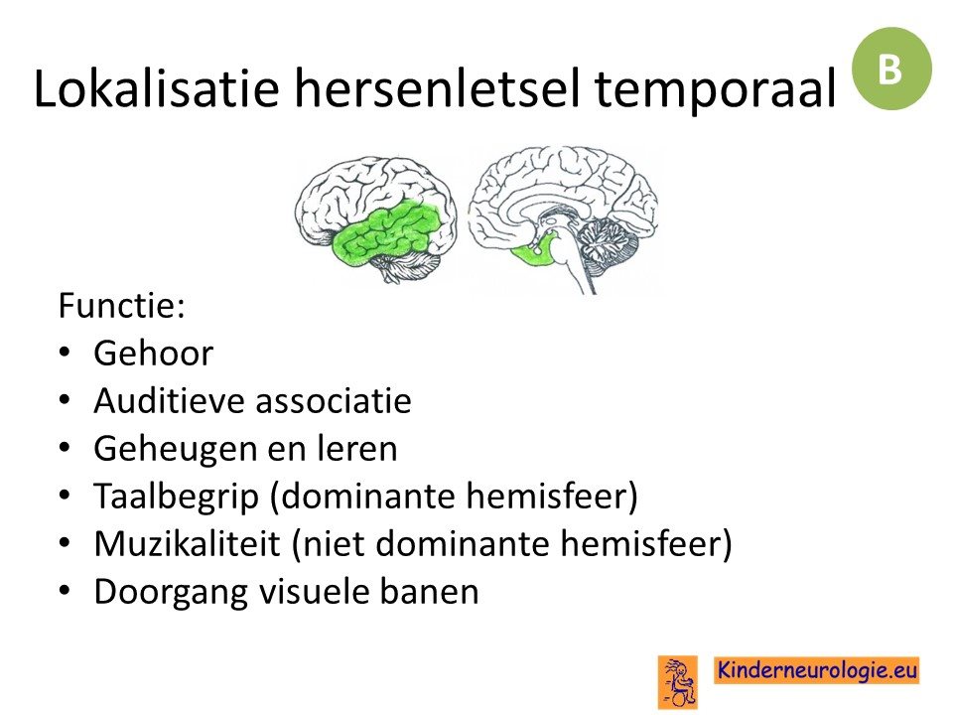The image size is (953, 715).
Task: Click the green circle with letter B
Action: (891, 69)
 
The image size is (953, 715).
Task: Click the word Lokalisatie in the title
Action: (156, 88)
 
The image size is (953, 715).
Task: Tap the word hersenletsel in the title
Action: (437, 88)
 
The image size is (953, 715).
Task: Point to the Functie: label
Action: (121, 305)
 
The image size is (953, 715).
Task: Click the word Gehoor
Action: (153, 354)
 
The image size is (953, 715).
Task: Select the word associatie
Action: (334, 400)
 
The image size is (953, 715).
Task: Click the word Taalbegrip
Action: (177, 498)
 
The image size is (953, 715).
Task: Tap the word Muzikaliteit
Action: (188, 543)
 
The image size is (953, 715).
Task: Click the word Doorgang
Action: (171, 593)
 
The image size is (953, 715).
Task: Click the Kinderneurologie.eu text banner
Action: (817, 670)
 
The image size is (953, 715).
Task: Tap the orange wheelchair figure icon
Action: (678, 682)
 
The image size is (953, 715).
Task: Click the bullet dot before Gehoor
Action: (66, 353)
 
